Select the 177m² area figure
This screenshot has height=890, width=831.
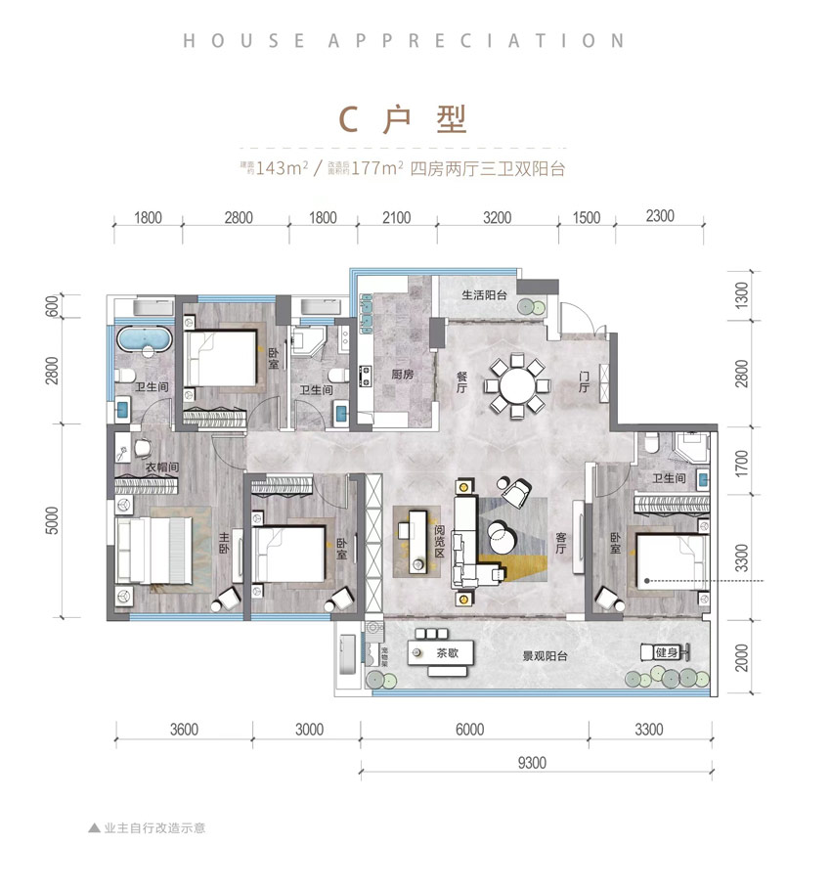click(x=374, y=168)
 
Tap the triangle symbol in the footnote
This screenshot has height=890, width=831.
click(x=94, y=826)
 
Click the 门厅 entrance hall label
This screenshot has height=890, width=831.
click(x=584, y=381)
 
